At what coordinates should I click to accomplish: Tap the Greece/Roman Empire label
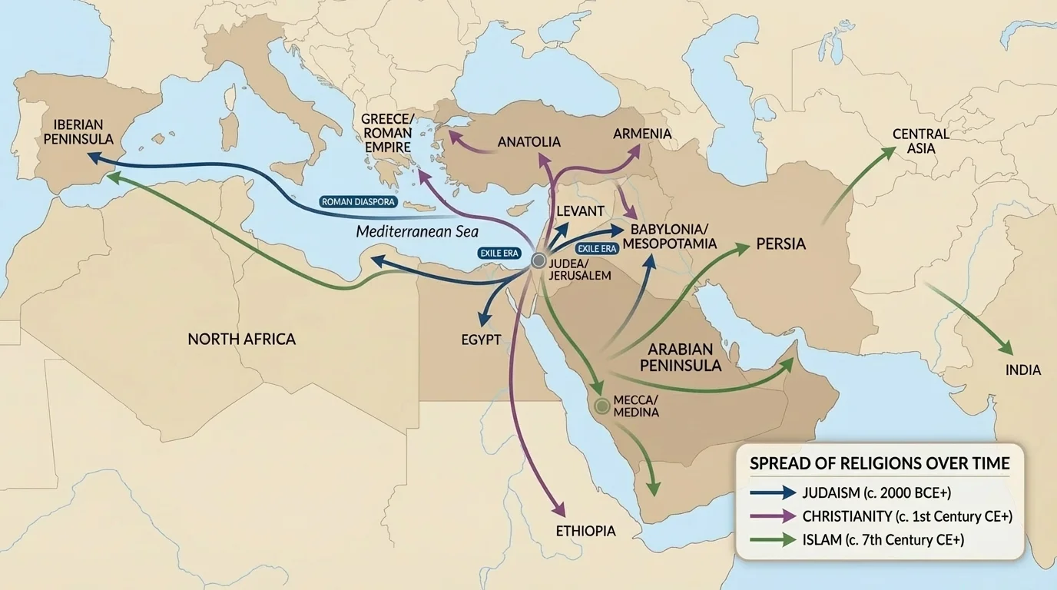coord(387,133)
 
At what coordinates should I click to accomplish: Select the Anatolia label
coord(528,142)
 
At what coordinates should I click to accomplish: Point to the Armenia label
coord(642,134)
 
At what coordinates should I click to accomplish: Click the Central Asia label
coord(920,141)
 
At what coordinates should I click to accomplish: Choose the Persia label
coord(780,244)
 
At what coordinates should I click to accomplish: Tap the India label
coord(1023,370)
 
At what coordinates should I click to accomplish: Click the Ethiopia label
coord(585,531)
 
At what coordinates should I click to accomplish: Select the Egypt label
coord(482,340)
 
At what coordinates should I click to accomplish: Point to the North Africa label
coord(241,339)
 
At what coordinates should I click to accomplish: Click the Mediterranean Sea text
coord(417,231)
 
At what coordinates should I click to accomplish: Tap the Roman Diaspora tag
coord(357,202)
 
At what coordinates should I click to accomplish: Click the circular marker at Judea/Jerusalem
coord(538,260)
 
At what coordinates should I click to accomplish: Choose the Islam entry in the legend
coord(882,540)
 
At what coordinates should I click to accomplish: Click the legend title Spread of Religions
coord(880,463)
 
